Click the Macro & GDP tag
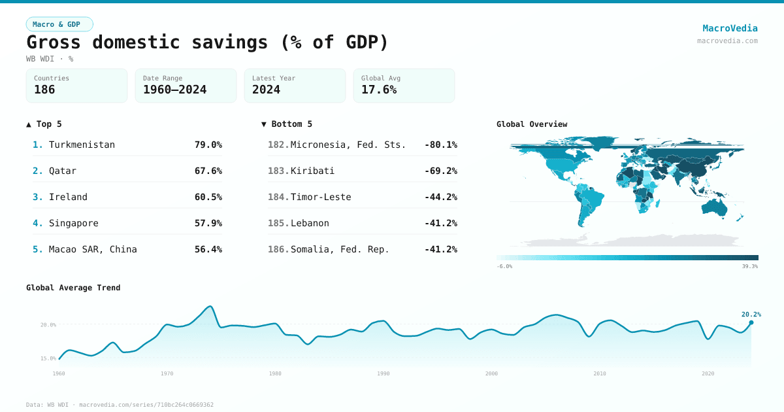tap(59, 24)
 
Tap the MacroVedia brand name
tap(730, 28)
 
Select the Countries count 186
tap(44, 90)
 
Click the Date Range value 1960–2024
tap(174, 90)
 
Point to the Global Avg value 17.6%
tap(379, 90)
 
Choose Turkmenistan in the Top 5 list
tap(82, 145)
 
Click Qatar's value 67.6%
tap(208, 171)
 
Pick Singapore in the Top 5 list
tap(74, 223)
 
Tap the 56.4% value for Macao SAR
tap(208, 249)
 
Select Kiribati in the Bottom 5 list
tap(312, 171)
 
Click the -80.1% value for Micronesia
tap(441, 145)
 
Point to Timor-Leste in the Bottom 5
tap(321, 197)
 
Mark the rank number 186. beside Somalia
tap(278, 249)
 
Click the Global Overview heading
tap(532, 124)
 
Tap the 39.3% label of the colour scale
tap(749, 267)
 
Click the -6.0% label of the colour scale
tap(504, 267)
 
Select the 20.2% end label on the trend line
tap(751, 315)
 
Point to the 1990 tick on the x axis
tap(384, 373)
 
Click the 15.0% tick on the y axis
tap(48, 358)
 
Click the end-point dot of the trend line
tap(751, 322)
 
